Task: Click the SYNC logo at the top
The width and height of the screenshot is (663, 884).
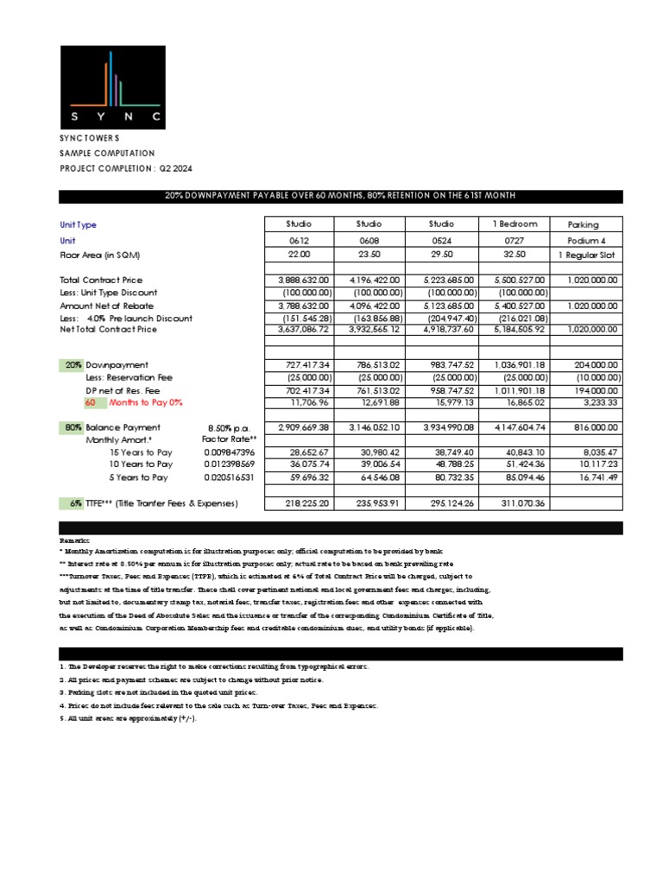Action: pos(110,85)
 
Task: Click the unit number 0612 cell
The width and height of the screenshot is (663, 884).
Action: pos(298,240)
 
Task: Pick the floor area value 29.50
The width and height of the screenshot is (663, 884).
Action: pos(442,256)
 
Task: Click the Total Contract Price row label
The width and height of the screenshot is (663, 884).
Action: pos(101,281)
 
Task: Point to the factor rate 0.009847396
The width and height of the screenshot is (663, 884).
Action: pos(230,452)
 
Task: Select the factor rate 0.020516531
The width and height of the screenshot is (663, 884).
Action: pos(230,477)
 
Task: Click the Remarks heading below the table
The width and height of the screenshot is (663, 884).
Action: pos(74,539)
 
